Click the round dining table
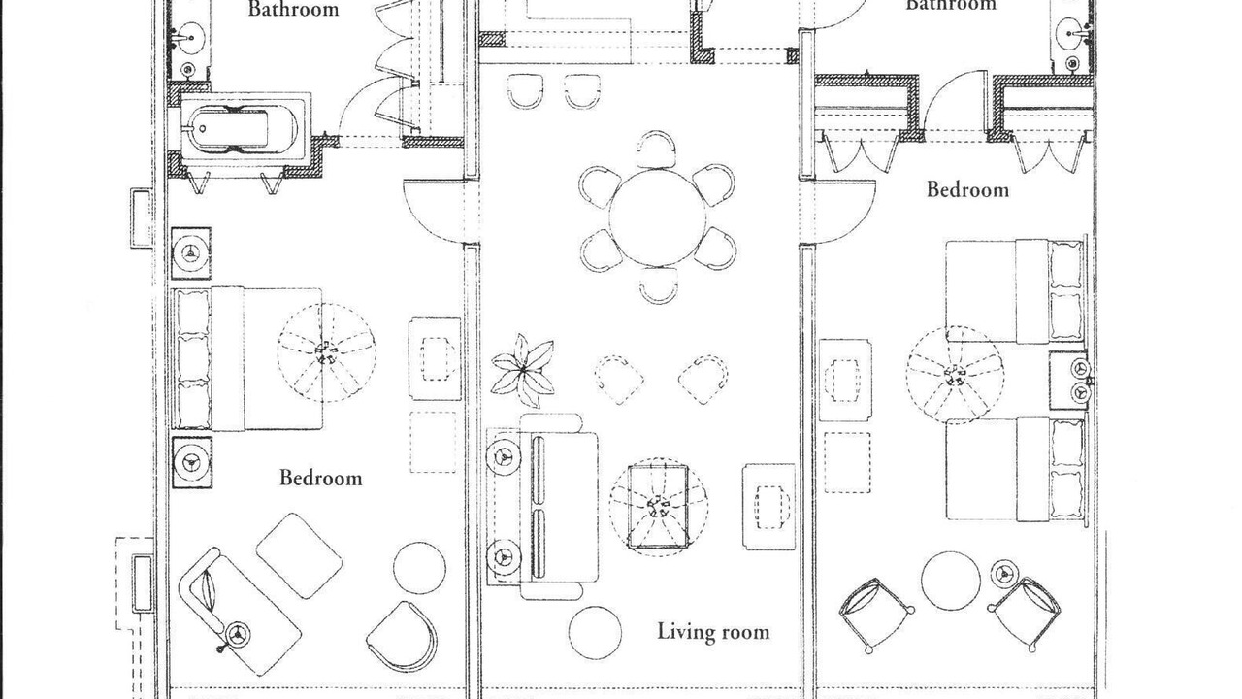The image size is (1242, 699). coord(658,217)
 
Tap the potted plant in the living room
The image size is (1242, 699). coord(523,370)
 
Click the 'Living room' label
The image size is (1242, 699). coord(713,632)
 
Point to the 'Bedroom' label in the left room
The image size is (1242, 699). coord(321,478)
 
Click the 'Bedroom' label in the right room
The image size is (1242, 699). coord(967,189)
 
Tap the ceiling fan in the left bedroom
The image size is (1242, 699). coord(327,352)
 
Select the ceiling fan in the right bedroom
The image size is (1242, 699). coord(956,375)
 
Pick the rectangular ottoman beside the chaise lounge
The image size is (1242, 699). coord(299,555)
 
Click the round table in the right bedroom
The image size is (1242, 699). coord(950,581)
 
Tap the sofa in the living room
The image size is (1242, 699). coord(541,506)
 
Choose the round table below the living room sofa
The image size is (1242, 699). coord(595,632)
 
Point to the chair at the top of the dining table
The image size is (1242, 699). coord(657,149)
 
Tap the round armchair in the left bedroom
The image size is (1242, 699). coord(404,637)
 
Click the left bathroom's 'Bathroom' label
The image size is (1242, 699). coord(293,9)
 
